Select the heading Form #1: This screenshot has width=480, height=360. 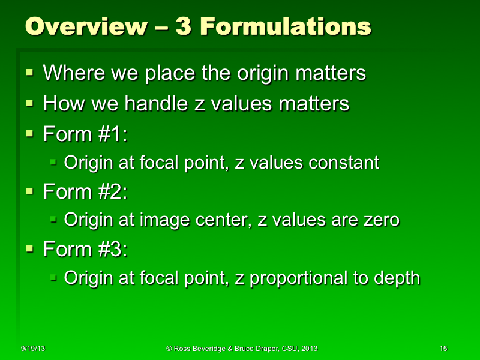85,133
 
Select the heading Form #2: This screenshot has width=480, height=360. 85,192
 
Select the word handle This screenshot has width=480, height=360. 155,104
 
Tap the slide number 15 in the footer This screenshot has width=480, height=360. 443,349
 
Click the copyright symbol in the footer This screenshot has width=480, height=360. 169,349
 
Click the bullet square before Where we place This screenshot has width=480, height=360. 30,73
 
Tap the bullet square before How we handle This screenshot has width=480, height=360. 30,103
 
